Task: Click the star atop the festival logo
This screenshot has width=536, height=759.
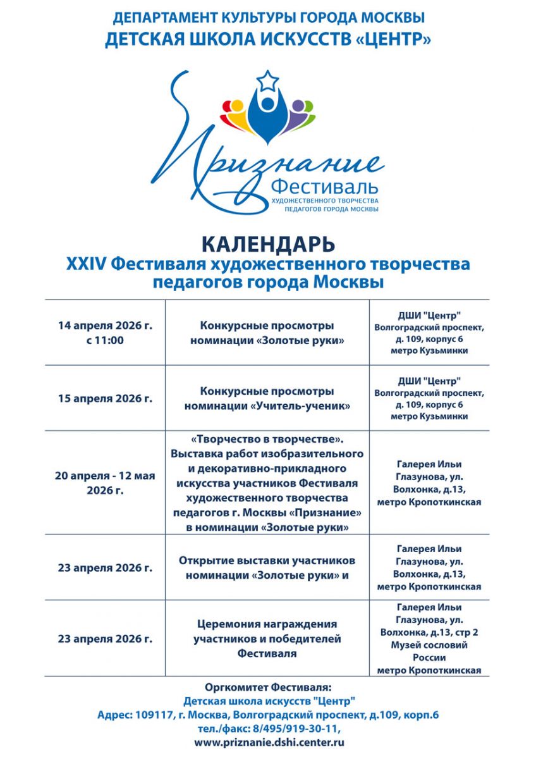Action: [268, 81]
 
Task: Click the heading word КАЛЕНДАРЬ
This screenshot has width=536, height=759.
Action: [268, 244]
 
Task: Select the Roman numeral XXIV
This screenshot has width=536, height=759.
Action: [86, 264]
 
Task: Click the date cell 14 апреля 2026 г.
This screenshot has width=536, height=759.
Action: [105, 326]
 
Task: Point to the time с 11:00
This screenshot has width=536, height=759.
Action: [105, 340]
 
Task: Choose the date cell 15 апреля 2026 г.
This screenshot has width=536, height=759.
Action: [105, 398]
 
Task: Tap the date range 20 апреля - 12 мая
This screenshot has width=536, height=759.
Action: [105, 476]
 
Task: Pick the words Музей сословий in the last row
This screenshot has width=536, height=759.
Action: [430, 646]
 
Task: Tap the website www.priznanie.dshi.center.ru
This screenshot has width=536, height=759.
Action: [269, 743]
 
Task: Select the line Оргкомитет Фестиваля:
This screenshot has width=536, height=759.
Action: [268, 687]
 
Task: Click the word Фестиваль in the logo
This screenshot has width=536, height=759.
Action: [324, 187]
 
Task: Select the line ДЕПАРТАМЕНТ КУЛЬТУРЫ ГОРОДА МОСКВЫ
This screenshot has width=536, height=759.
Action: [268, 17]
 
